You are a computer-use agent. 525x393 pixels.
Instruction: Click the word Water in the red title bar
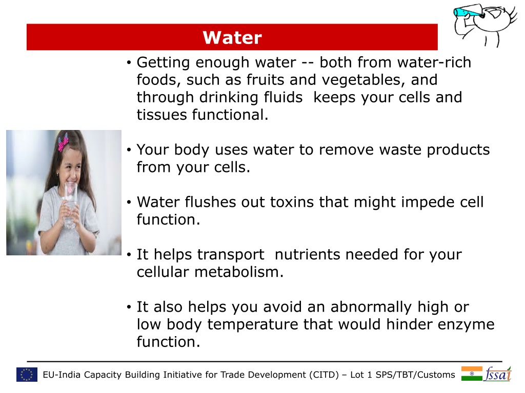(x=232, y=37)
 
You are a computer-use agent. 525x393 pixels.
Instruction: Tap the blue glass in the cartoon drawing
(x=466, y=12)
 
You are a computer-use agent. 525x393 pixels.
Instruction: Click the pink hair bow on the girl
(x=63, y=142)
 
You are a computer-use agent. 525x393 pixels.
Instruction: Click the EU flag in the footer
(x=27, y=375)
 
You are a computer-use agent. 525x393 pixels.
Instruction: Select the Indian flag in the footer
(x=472, y=374)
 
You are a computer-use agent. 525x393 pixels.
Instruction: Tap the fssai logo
(x=497, y=374)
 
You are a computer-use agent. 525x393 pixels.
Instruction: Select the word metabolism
(x=239, y=272)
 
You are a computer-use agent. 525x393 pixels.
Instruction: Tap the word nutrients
(x=308, y=255)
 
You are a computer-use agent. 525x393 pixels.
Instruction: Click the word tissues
(x=161, y=115)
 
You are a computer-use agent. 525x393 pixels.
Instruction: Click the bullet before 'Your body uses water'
(x=129, y=150)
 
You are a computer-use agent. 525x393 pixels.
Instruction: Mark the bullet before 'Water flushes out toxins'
(x=129, y=203)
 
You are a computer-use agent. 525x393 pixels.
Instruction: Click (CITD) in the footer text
(x=324, y=375)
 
